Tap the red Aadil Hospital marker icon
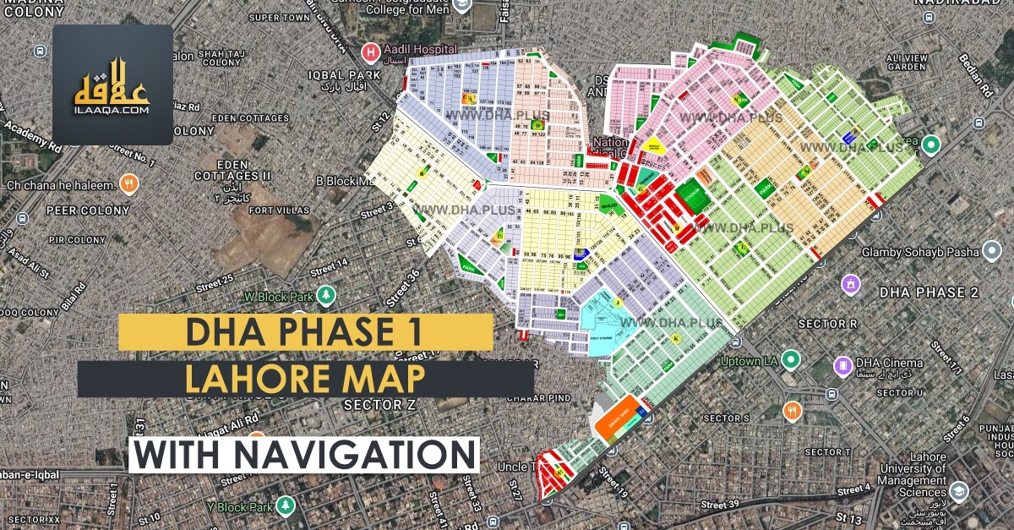(x=369, y=52)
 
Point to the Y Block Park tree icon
(x=286, y=506)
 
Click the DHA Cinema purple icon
(x=842, y=366)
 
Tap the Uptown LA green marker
(x=790, y=358)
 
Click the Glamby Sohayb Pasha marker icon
(x=993, y=252)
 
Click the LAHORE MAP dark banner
(x=305, y=379)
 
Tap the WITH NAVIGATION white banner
(x=305, y=454)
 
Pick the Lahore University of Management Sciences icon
(x=959, y=490)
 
